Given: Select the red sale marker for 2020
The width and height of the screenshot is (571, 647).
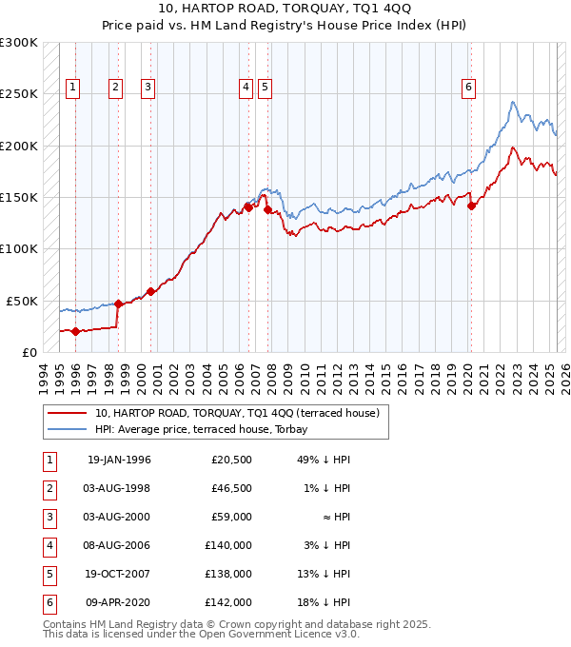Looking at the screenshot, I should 471,206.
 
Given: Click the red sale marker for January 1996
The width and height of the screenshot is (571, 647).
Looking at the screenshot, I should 75,331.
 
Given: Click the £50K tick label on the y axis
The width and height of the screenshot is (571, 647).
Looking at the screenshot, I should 23,301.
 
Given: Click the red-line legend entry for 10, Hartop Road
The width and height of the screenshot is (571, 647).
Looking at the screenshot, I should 237,413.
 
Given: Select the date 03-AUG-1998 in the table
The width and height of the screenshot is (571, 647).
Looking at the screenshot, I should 118,488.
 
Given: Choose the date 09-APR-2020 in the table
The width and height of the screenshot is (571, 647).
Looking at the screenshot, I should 118,602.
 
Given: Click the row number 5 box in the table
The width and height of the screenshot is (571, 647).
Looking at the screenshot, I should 48,574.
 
